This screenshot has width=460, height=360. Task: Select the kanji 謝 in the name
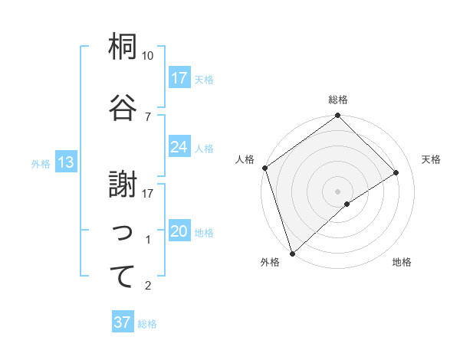click(123, 184)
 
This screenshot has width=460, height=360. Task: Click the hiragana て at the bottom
click(123, 277)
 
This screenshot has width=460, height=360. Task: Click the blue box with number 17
click(179, 78)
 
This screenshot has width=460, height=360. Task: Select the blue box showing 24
click(179, 147)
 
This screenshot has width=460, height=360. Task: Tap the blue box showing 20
click(179, 232)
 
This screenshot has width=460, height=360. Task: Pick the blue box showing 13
click(66, 162)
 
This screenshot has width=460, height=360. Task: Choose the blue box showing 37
click(123, 322)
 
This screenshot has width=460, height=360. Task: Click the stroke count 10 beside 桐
click(148, 56)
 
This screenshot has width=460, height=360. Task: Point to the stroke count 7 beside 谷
click(147, 116)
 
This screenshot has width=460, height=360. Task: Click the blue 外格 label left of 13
click(41, 163)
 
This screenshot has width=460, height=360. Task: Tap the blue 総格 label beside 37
click(147, 324)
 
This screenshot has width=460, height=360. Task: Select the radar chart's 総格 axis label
click(338, 100)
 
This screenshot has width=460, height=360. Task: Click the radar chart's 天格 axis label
click(432, 159)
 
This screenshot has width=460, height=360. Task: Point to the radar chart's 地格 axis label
click(402, 263)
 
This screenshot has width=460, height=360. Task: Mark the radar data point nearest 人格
click(264, 168)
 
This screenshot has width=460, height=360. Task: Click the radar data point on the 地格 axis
click(347, 204)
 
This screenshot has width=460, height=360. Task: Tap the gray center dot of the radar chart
click(338, 191)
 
